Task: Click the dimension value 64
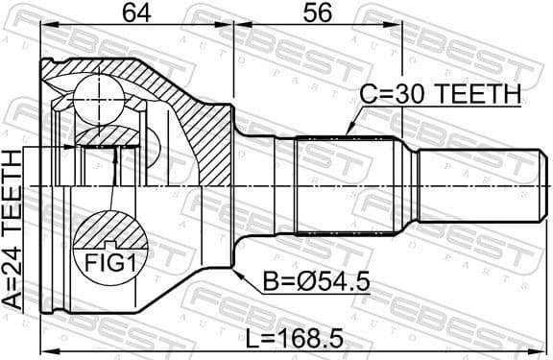pyautogui.click(x=137, y=13)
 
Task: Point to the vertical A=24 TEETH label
pyautogui.click(x=12, y=229)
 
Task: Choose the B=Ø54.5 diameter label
pyautogui.click(x=316, y=283)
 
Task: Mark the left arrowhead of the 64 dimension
pyautogui.click(x=44, y=26)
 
